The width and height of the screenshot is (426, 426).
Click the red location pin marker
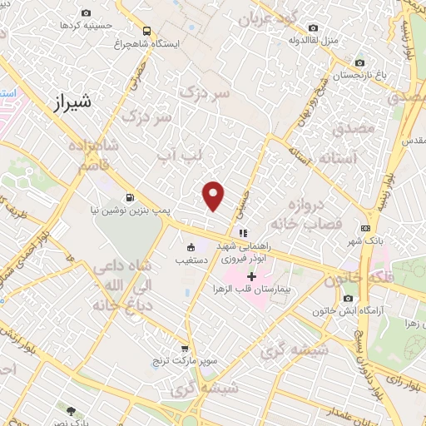pyautogui.click(x=214, y=195)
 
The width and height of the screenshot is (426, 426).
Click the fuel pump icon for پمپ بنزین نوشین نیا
pyautogui.click(x=129, y=198)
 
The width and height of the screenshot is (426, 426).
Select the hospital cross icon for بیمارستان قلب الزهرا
pyautogui.click(x=250, y=275)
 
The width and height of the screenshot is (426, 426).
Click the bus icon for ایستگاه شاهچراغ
pyautogui.click(x=146, y=27)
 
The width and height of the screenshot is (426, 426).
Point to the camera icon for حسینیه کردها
pyautogui.click(x=87, y=14)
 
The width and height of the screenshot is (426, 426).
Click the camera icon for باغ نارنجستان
pyautogui.click(x=359, y=63)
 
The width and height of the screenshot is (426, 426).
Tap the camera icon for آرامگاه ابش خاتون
pyautogui.click(x=348, y=298)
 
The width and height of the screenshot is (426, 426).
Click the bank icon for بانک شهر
pyautogui.click(x=365, y=229)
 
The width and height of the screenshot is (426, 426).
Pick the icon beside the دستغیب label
pyautogui.click(x=191, y=246)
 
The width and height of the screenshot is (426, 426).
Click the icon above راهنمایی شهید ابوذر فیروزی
pyautogui.click(x=243, y=233)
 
